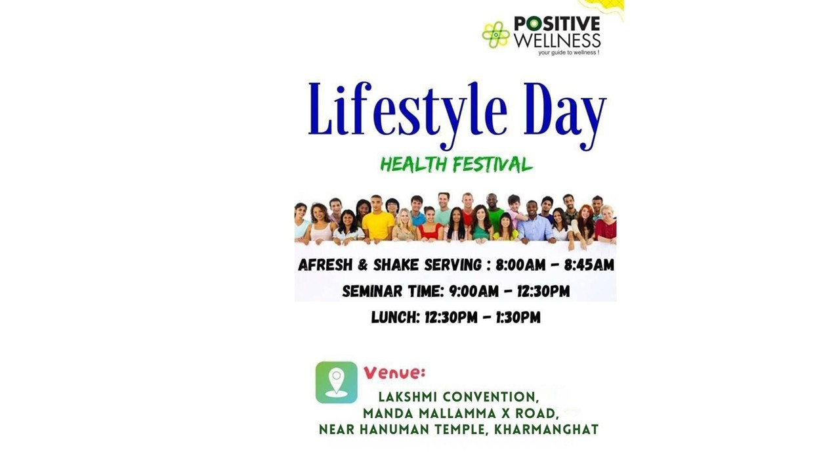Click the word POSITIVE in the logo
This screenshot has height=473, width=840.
click(557, 24)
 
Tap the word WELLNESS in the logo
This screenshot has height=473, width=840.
click(557, 41)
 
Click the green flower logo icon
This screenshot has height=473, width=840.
click(495, 35)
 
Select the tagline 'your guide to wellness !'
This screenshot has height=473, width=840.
click(568, 53)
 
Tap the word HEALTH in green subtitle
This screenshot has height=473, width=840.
click(413, 164)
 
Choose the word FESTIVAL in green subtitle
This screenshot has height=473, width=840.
click(493, 164)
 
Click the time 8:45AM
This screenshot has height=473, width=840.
click(589, 265)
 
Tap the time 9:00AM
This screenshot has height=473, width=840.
click(474, 291)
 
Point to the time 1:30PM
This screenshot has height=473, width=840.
click(518, 317)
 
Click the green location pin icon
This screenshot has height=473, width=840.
click(337, 382)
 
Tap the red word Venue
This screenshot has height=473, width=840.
click(394, 372)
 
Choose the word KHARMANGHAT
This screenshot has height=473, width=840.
click(547, 430)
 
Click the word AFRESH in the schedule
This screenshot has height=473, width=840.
click(325, 265)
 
